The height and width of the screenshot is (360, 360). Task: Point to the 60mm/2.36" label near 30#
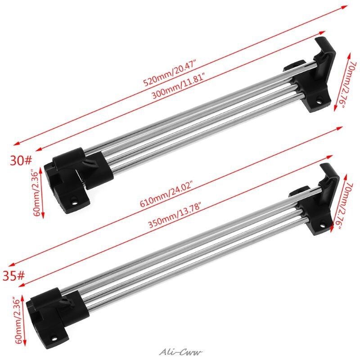36,192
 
